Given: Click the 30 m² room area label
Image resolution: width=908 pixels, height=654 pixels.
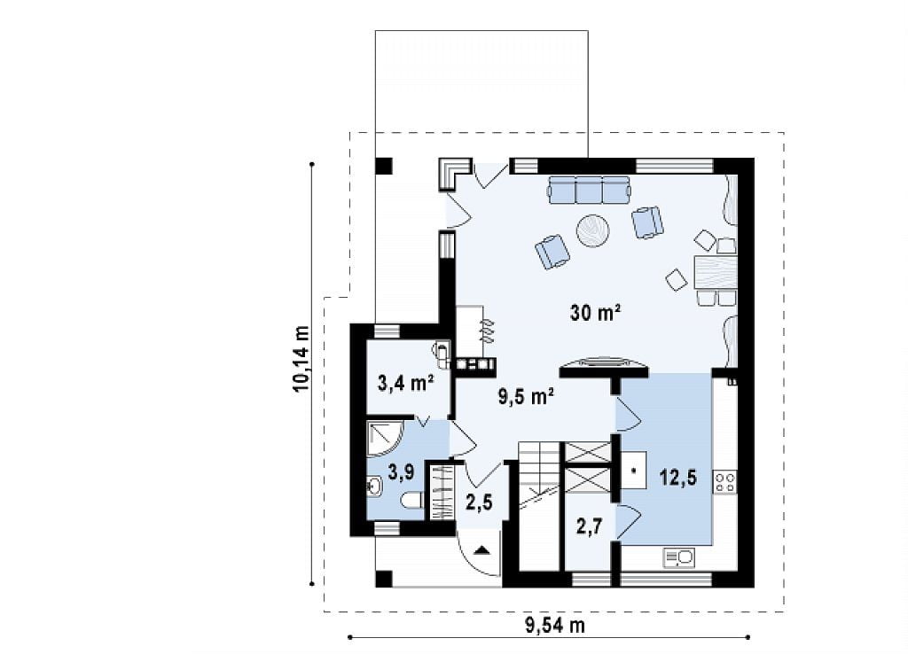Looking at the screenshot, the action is coord(596,313).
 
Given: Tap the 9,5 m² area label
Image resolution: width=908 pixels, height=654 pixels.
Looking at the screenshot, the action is coord(527,396).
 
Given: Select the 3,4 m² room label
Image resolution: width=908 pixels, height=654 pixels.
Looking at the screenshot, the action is coord(406,383).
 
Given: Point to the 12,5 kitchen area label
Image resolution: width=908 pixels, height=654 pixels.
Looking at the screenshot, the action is coord(678,478).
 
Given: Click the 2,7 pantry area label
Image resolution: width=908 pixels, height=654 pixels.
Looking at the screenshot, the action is coord(589,526).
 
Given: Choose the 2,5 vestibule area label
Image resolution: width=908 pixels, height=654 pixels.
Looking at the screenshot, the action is coord(479,502).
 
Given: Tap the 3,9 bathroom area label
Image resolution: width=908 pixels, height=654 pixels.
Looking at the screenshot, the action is coord(401,471).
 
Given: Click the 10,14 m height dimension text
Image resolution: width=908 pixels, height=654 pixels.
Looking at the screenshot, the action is coord(301,359).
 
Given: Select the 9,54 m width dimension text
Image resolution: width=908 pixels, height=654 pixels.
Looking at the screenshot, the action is coord(555,625).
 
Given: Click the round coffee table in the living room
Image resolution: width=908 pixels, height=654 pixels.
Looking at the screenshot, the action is coord(592,231).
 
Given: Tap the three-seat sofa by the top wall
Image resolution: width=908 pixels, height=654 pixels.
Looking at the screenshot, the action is coord(589,190).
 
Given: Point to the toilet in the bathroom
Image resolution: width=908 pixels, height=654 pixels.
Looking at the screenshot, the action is coord(413,501).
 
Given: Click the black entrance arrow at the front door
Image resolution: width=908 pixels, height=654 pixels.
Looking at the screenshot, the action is coord(481,549).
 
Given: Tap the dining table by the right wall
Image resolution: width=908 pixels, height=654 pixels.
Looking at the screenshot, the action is coord(716,272).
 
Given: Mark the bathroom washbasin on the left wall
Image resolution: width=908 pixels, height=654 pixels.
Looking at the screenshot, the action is coord(373,487).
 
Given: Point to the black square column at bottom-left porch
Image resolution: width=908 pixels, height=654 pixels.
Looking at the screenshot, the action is coord(384,579).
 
